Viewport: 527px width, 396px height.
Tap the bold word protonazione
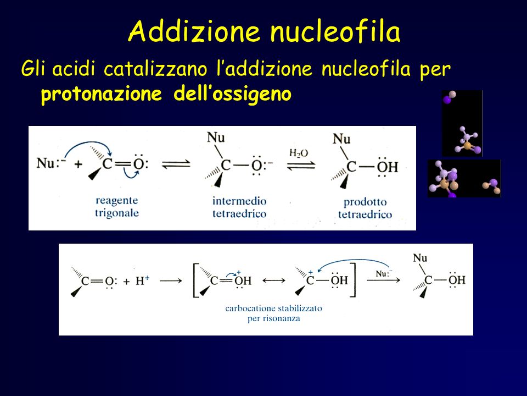(x=101, y=94)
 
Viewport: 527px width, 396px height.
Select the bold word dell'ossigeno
(x=232, y=94)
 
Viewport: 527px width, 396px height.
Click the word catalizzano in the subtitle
(x=155, y=69)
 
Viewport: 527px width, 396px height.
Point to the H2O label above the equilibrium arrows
(x=299, y=153)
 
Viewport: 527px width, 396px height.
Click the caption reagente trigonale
(x=116, y=206)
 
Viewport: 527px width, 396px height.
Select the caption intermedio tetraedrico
(x=239, y=207)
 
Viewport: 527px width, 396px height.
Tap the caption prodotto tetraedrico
(x=365, y=208)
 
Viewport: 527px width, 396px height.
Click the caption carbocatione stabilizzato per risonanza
(x=273, y=313)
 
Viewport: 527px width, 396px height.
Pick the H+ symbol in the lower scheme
(x=143, y=280)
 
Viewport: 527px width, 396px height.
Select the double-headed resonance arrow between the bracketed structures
(x=273, y=280)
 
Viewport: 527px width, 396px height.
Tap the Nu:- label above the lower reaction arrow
(x=384, y=273)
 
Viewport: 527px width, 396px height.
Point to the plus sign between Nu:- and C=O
(x=79, y=164)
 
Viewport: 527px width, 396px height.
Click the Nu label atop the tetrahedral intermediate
(x=216, y=137)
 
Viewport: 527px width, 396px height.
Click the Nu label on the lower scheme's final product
(x=420, y=258)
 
